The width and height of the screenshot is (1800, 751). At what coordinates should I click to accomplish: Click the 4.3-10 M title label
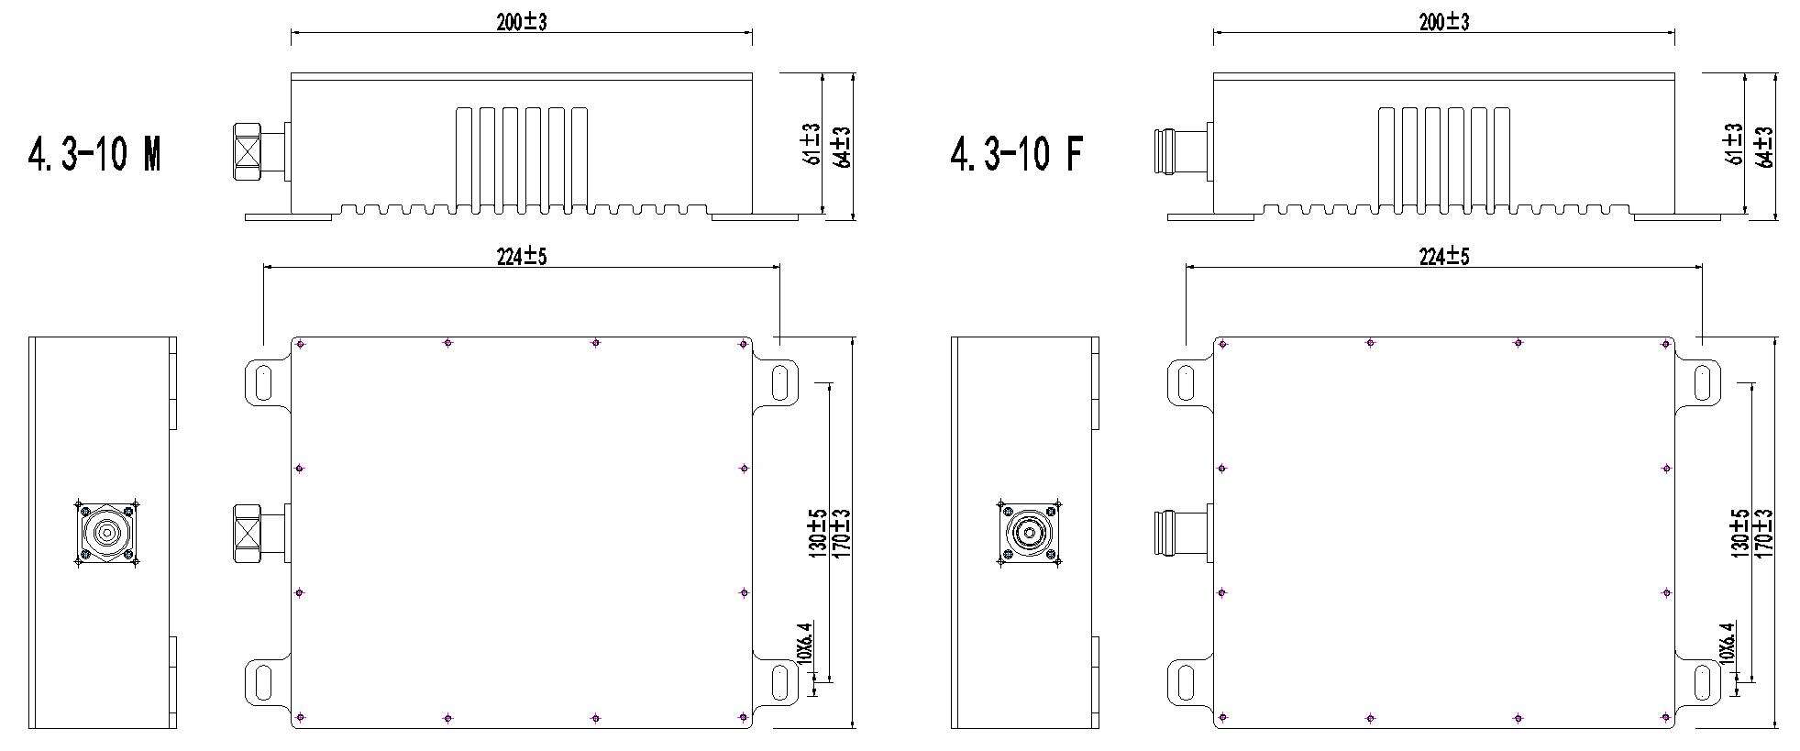[94, 152]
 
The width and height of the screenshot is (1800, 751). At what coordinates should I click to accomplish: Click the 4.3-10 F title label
[1016, 152]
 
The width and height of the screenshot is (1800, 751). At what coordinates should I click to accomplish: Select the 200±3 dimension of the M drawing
[522, 23]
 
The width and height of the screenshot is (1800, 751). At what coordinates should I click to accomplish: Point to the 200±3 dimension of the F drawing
[1444, 23]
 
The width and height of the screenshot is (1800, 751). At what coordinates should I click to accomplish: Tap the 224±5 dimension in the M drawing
[522, 257]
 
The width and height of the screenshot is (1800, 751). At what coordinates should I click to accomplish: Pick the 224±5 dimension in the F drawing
[1444, 257]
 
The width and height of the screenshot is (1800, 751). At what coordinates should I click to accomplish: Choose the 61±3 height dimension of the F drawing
[1733, 144]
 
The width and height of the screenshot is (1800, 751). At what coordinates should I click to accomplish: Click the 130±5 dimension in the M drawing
[818, 533]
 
